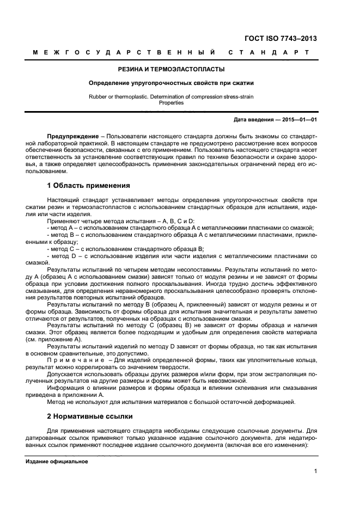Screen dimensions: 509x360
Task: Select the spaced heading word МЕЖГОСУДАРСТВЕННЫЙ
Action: [124, 53]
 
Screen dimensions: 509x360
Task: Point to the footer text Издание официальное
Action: [57, 462]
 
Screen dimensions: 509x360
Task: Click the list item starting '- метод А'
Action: [180, 228]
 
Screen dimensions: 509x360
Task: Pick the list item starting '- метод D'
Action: [180, 255]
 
